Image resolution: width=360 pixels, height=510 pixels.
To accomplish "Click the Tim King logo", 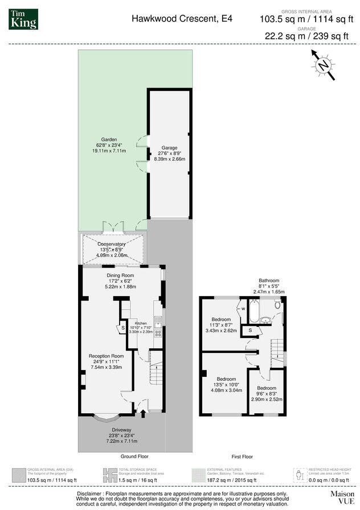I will point(23,19).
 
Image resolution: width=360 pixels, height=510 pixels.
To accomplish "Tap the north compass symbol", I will point(324,65).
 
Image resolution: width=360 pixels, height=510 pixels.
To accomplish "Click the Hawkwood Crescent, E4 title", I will point(182,18).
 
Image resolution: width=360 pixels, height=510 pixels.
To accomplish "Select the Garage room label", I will point(169,147).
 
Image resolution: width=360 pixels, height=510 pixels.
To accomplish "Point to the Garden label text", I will point(109,139).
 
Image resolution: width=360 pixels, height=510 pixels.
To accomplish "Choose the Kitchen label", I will point(141,323).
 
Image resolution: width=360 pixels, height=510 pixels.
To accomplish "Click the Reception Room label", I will point(106,356).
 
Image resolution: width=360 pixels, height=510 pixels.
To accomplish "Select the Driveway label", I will point(121,430).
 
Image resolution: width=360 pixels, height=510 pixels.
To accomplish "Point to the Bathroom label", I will point(269,281).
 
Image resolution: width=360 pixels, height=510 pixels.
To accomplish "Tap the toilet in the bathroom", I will point(277,305).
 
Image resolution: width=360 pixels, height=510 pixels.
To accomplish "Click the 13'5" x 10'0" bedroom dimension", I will point(226,385).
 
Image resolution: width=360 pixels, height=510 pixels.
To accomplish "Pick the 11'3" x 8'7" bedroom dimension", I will point(221,324).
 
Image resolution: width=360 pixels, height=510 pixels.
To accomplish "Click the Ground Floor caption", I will point(134,456).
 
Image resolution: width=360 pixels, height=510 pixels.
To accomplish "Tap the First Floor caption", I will point(242,456).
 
